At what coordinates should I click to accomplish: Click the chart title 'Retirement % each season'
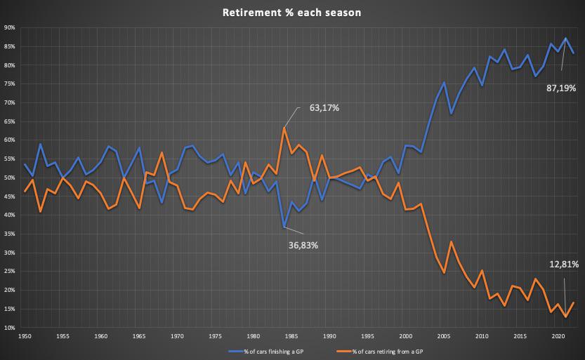pos(292,13)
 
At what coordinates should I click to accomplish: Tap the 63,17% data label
pos(324,109)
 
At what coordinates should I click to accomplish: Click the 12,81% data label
pos(564,265)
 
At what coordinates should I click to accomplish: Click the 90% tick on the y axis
pos(10,28)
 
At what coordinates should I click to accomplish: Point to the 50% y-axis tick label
pos(10,178)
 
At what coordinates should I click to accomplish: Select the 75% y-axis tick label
pos(10,84)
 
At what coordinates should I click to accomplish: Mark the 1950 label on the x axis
pos(25,337)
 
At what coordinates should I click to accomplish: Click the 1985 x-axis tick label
pos(291,337)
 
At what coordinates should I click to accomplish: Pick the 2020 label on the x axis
pos(558,337)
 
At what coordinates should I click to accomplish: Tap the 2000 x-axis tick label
pos(406,337)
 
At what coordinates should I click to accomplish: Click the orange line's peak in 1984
pos(284,128)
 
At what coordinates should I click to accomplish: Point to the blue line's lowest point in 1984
pos(284,227)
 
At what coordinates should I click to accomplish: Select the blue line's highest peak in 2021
pos(566,38)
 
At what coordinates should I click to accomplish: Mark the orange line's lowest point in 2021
pos(566,317)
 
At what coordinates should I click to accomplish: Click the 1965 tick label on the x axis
pos(139,337)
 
